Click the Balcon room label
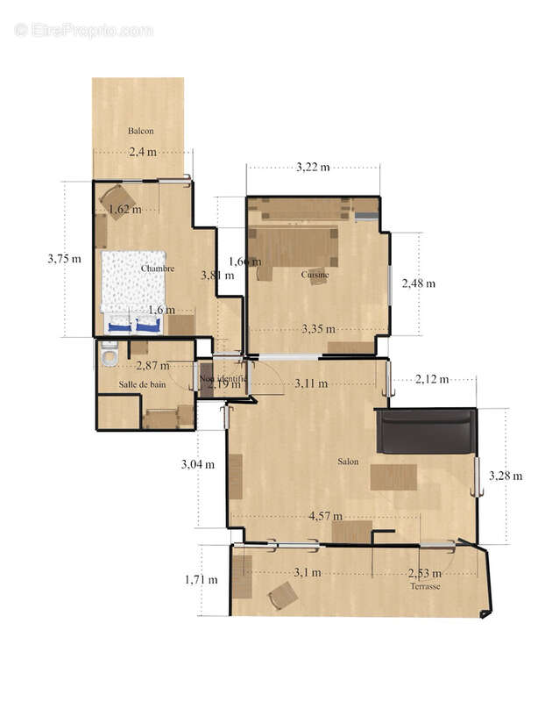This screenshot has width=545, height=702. coord(141,131)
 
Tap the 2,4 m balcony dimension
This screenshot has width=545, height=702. coord(143,152)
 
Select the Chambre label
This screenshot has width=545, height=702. coord(158,269)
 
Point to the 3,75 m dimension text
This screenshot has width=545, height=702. coord(64,259)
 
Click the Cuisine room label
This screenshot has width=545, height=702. coord(315,275)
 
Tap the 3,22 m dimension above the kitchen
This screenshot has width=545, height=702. coord(313,167)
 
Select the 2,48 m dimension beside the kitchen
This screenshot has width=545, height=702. coord(418,283)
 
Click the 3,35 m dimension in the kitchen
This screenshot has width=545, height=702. coord(318,329)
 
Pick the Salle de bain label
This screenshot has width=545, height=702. coord(143,384)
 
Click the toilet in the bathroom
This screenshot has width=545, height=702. coord(110,355)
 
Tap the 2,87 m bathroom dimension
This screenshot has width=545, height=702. coord(152,365)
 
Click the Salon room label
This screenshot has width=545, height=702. coord(348,461)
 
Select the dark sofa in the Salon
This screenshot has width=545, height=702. coord(427,432)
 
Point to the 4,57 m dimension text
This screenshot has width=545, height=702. coord(325,516)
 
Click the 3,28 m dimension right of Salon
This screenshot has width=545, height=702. coord(505,476)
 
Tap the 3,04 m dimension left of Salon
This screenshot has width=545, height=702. coord(197,464)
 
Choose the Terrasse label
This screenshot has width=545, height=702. coord(425,586)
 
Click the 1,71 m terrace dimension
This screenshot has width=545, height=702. coord(201,579)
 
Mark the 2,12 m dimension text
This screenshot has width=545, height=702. coord(431,379)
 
